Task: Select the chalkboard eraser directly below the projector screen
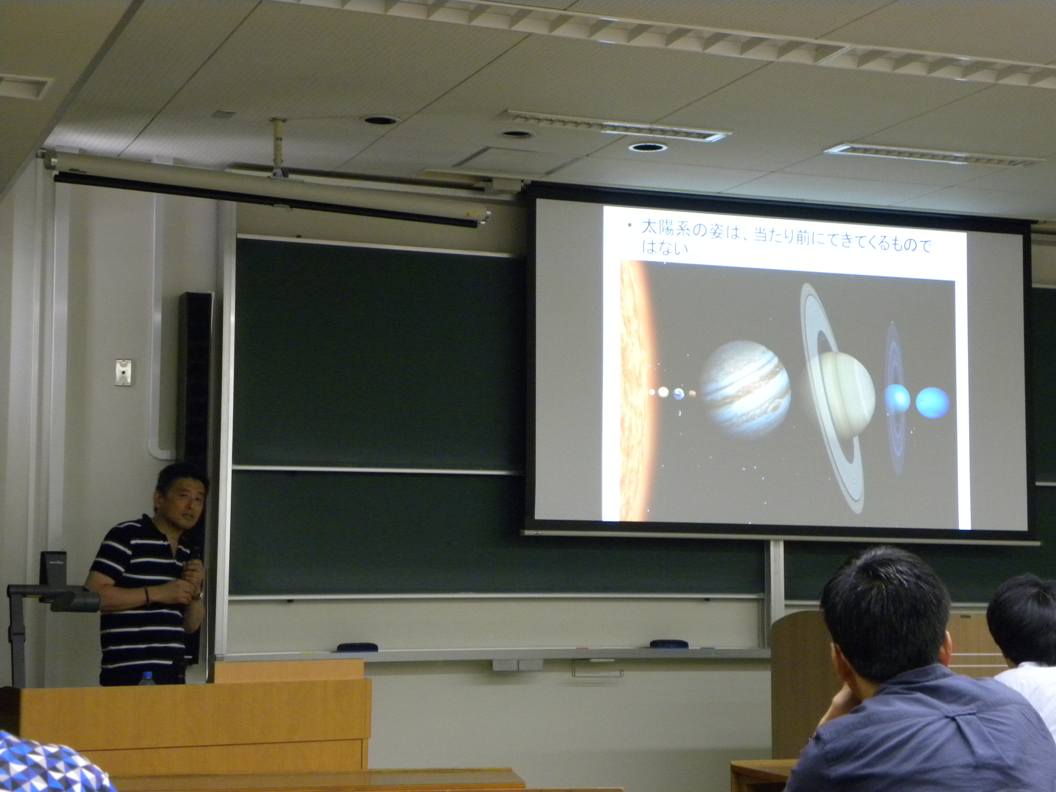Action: coord(669,644)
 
